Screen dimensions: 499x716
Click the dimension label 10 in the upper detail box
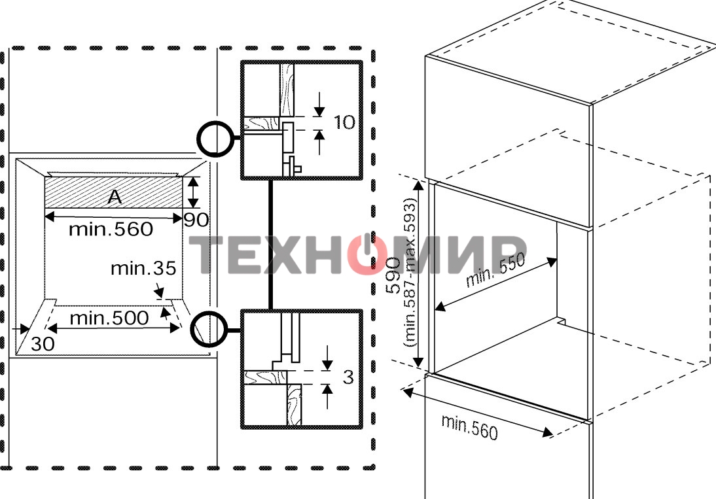point(344,122)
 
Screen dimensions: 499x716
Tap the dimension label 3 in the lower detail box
point(348,377)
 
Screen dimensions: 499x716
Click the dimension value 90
point(196,220)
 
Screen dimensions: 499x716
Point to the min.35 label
point(143,268)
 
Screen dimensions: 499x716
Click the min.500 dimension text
point(109,318)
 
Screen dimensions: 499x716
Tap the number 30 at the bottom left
point(43,344)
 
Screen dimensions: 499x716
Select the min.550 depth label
point(495,271)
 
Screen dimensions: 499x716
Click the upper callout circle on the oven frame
point(215,138)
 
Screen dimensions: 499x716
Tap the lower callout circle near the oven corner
point(208,329)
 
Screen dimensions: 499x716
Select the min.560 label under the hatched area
point(111,229)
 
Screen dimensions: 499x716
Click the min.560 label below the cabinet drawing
point(469,426)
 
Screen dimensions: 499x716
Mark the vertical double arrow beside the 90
point(192,193)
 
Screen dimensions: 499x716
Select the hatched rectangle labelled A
point(79,193)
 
